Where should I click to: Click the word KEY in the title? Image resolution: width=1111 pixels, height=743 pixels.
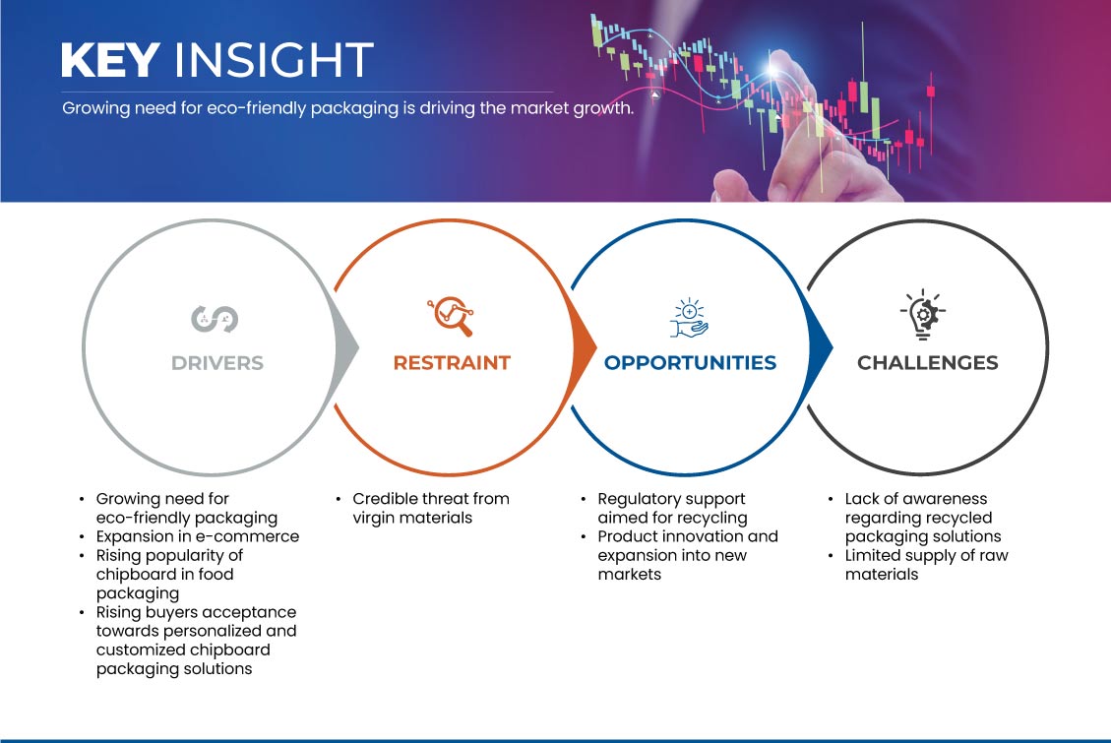coord(110,59)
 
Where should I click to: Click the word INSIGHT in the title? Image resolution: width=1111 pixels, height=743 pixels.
coord(274,59)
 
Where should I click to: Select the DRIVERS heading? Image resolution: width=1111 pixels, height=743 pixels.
coord(217,363)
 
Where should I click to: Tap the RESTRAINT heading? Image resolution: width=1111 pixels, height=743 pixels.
coord(452,363)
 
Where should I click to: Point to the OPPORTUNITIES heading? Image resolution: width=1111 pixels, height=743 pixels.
coord(690,363)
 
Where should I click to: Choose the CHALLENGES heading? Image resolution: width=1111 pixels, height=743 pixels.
coord(928,363)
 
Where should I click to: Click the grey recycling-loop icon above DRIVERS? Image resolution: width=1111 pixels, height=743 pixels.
coord(215,319)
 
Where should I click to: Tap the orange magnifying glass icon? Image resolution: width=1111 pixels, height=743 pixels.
coord(451,316)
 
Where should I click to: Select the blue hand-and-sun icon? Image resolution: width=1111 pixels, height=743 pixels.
coord(690,318)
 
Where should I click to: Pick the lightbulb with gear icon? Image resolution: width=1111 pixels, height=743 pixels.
coord(923,315)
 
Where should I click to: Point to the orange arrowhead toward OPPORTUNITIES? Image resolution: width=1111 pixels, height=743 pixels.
coord(584,347)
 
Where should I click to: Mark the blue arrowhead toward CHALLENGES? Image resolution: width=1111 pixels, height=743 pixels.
coord(820,347)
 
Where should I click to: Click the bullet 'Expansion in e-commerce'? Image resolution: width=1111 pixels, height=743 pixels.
coord(198,536)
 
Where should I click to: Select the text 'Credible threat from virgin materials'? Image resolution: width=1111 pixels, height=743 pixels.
coord(431,508)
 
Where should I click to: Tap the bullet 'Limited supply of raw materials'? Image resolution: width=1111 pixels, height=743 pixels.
coord(926,565)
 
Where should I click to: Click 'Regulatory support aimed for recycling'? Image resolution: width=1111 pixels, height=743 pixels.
coord(672,508)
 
